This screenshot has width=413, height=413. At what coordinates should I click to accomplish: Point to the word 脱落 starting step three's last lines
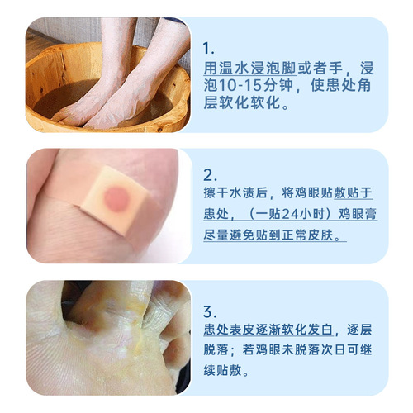coord(215,354)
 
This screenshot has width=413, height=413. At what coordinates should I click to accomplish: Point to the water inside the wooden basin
coord(58,95)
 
